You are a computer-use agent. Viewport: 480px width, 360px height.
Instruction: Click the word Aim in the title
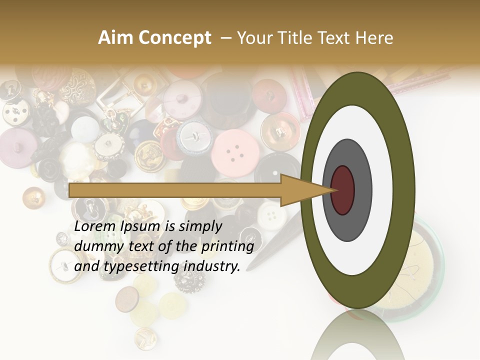tap(116, 38)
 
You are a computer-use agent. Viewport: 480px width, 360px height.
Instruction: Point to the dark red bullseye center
tap(343, 190)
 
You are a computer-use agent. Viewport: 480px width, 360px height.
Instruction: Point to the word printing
tap(227, 247)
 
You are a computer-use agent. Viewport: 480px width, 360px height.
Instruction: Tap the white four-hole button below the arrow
tap(271, 215)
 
